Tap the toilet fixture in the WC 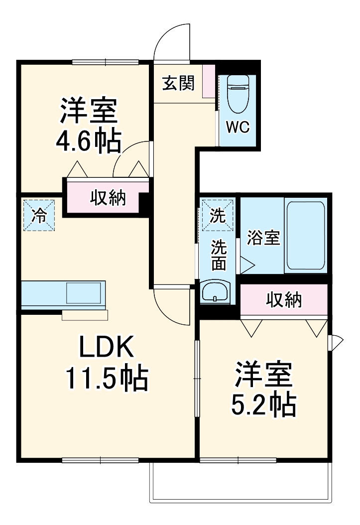238,94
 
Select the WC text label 238,127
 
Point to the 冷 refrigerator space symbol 39,215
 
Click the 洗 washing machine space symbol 218,215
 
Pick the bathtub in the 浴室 305,236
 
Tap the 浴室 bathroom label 263,238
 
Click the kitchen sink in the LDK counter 84,293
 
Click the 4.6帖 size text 88,141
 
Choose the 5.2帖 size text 263,405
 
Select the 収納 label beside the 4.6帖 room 108,198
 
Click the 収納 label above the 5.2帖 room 284,300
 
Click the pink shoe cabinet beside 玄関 209,81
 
